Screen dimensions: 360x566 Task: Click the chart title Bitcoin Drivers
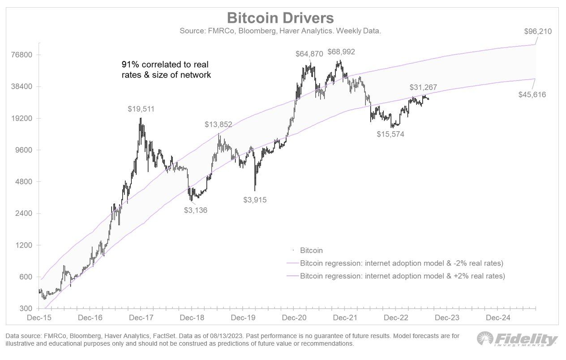point(280,18)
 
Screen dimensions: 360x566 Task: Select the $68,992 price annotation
point(341,51)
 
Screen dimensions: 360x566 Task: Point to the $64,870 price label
point(309,54)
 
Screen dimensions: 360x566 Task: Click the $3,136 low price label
point(196,210)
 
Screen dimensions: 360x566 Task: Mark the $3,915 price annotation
point(255,200)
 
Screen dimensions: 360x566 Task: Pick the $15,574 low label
point(390,133)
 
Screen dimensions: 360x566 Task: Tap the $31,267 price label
point(423,88)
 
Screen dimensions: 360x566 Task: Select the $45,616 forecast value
point(532,94)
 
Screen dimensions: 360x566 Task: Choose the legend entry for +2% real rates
point(402,276)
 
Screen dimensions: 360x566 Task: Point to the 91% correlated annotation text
point(166,69)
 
